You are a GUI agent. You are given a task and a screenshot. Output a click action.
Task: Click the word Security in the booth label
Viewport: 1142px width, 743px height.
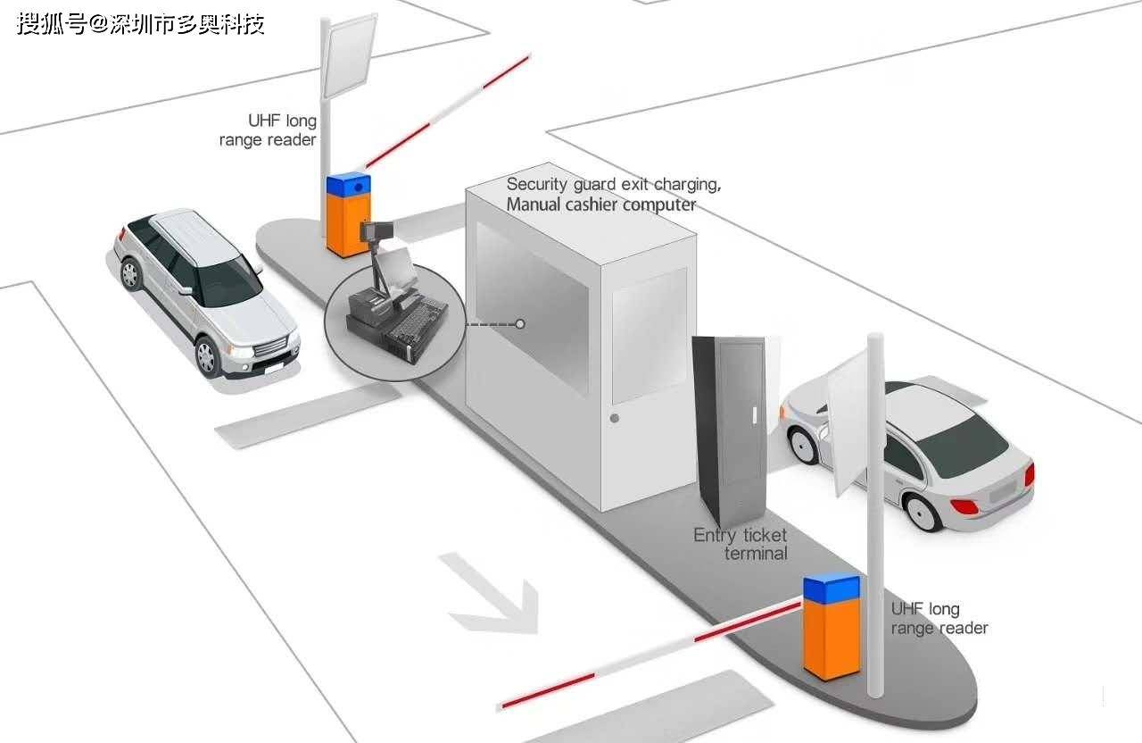[537, 184]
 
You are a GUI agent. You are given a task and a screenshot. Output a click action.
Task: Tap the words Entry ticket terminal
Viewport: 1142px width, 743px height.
[741, 544]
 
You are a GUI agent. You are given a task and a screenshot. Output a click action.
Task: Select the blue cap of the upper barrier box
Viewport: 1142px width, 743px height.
[349, 186]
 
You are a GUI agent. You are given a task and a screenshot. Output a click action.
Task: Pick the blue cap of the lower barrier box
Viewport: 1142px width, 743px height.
[832, 589]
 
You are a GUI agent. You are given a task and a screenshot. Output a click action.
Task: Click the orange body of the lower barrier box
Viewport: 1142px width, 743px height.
[832, 640]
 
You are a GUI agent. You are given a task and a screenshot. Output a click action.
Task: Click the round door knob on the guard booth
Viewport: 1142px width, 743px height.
[615, 419]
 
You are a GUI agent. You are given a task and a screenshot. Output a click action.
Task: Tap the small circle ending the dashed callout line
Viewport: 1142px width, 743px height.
[520, 324]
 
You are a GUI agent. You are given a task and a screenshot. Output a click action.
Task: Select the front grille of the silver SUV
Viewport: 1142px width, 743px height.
[270, 347]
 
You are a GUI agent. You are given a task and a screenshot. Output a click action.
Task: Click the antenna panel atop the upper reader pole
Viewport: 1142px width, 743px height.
[350, 55]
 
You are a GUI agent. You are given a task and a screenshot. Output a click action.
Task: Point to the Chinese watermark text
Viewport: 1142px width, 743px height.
[141, 23]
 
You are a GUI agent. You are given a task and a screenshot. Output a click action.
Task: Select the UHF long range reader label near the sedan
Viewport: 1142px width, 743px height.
[939, 618]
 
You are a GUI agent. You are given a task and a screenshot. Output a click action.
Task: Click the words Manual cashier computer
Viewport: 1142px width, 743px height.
[601, 205]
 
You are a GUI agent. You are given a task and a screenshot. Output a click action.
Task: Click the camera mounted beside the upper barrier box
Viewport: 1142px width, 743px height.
[377, 231]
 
